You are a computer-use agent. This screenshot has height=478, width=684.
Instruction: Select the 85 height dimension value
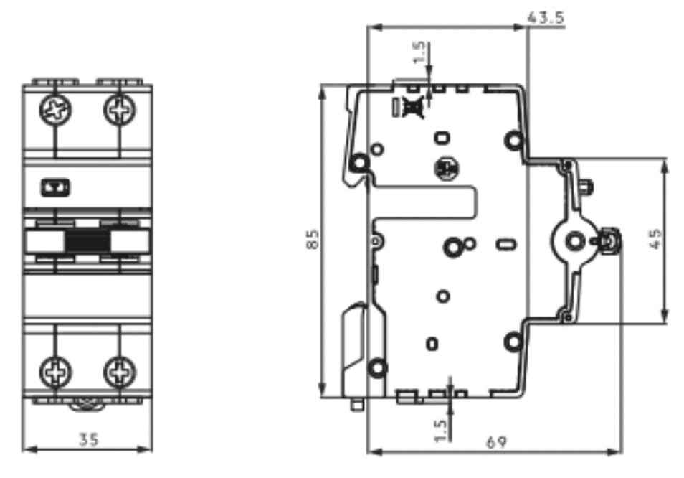(x=312, y=240)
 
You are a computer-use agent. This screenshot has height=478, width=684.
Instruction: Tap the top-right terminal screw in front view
(x=118, y=110)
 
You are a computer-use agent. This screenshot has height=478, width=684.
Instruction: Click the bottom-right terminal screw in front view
(x=118, y=372)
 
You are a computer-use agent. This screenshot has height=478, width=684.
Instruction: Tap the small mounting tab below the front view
(x=87, y=404)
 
